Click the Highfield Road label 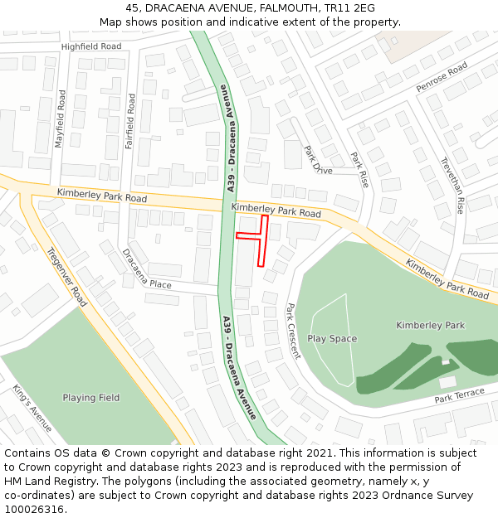pyautogui.click(x=91, y=46)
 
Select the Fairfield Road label pyautogui.click(x=130, y=121)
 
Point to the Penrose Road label pyautogui.click(x=442, y=76)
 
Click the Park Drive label pyautogui.click(x=317, y=160)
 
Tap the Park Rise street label pyautogui.click(x=359, y=170)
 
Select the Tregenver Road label pyautogui.click(x=66, y=277)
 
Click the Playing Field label pyautogui.click(x=91, y=398)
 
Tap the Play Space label pyautogui.click(x=332, y=338)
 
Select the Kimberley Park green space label pyautogui.click(x=430, y=325)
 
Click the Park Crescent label pyautogui.click(x=292, y=331)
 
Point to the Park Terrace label pyautogui.click(x=459, y=395)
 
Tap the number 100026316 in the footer pyautogui.click(x=33, y=510)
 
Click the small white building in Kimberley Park pyautogui.click(x=447, y=382)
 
